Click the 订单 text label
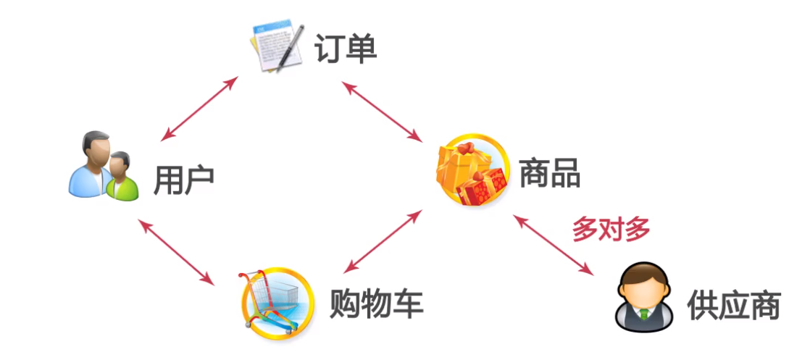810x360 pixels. pos(346,49)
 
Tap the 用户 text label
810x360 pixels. pos(183,181)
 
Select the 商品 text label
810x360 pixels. pos(550,172)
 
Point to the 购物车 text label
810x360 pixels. pos(376,304)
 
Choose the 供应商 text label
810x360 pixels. pos(733,306)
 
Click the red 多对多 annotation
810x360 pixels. pos(611,229)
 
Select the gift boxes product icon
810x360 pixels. pos(472,170)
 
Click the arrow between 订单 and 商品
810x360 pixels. pos(382,111)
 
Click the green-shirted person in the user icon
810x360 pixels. pos(121,177)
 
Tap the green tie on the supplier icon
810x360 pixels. pos(643,314)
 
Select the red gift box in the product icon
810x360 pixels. pos(483,185)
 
